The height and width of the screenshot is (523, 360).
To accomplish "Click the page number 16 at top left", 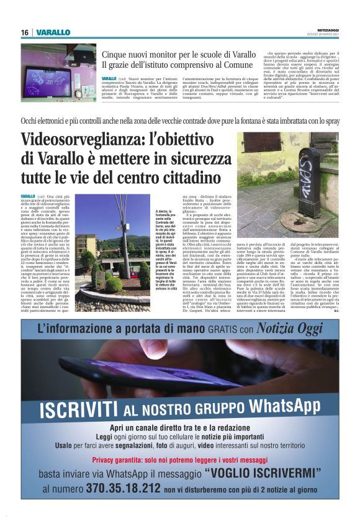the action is tap(25, 32).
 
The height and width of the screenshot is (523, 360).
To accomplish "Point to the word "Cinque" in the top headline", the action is tap(117, 54).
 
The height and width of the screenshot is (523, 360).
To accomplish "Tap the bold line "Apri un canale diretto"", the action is tap(179, 429).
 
